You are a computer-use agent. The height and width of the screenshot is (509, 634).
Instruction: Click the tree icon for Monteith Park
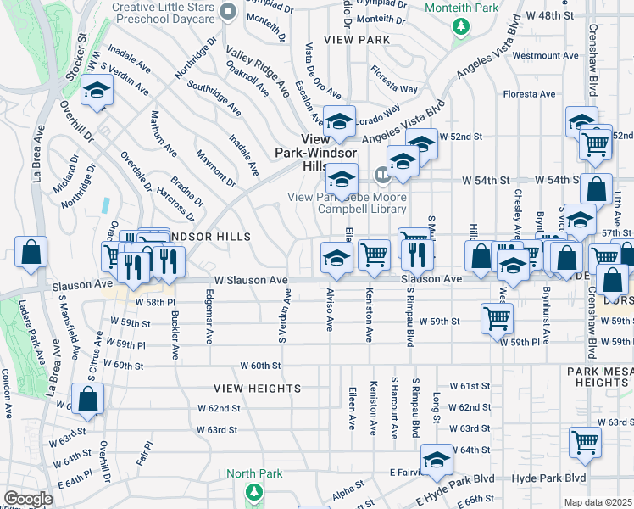461,26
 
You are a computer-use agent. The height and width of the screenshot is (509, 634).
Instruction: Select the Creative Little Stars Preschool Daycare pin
226,12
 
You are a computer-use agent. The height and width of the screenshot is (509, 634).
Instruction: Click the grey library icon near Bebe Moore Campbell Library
382,176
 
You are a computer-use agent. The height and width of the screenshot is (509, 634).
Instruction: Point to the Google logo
28,499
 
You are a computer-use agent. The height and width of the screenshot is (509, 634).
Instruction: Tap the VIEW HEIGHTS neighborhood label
257,389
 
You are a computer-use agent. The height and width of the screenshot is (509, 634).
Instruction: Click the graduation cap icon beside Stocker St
97,92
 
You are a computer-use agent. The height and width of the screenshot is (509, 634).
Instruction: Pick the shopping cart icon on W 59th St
496,318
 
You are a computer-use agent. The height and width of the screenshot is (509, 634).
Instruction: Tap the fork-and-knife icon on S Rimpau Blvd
416,253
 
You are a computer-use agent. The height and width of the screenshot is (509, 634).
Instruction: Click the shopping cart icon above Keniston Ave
373,254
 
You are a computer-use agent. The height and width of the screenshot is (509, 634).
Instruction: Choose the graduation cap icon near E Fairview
437,461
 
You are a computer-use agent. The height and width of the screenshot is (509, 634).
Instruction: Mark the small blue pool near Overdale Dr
105,204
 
